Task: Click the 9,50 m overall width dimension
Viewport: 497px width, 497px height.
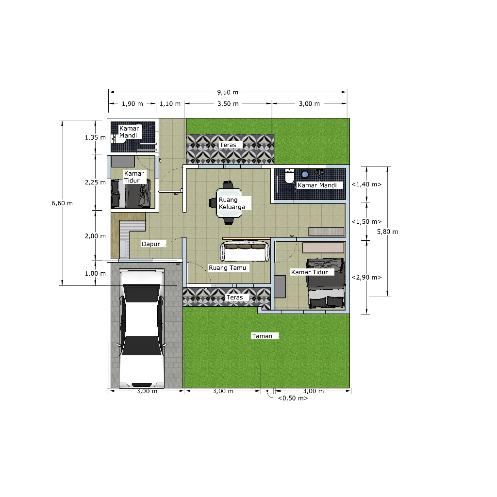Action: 228,92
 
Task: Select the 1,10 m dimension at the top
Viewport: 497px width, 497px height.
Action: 170,103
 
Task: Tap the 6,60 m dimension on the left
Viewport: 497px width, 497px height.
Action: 62,203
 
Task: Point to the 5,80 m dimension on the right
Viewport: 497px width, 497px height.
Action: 387,232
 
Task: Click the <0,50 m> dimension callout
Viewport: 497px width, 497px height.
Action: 293,398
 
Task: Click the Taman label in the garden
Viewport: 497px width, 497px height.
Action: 262,336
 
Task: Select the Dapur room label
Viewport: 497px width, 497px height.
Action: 151,244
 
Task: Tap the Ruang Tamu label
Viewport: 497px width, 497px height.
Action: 228,267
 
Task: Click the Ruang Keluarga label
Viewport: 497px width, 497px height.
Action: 232,203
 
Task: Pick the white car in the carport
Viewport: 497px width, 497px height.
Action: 141,328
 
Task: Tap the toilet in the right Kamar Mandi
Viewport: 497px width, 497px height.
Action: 290,177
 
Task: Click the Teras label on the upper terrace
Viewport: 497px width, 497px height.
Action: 228,145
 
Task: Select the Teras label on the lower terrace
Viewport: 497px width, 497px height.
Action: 234,297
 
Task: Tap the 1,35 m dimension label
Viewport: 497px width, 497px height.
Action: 95,137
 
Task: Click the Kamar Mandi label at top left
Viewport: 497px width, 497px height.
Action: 129,132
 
